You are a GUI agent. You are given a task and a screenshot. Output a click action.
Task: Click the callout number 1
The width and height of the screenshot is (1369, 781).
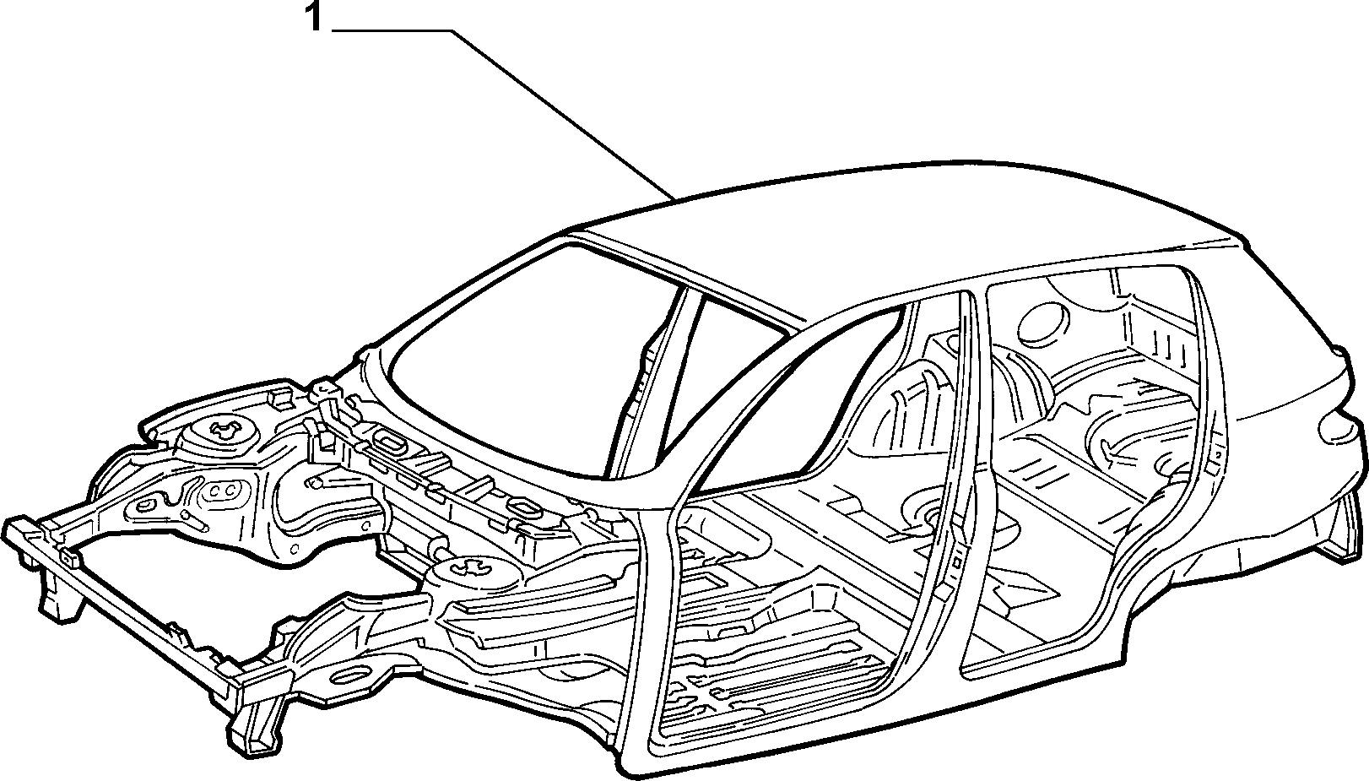(x=314, y=17)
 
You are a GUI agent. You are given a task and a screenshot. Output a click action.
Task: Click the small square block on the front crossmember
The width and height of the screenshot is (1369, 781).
(x=70, y=556)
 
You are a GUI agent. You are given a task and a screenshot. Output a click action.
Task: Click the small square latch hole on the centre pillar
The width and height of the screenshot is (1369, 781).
(x=957, y=559)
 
